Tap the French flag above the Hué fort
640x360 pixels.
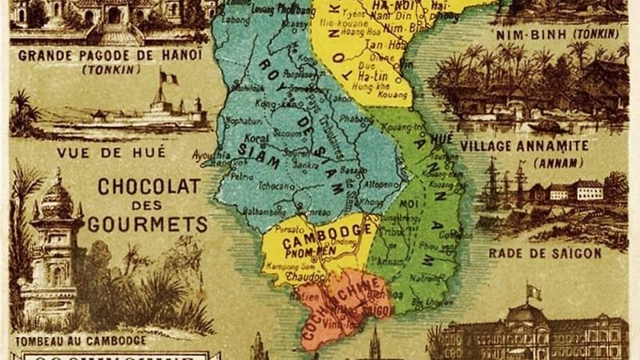(x=169, y=78)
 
